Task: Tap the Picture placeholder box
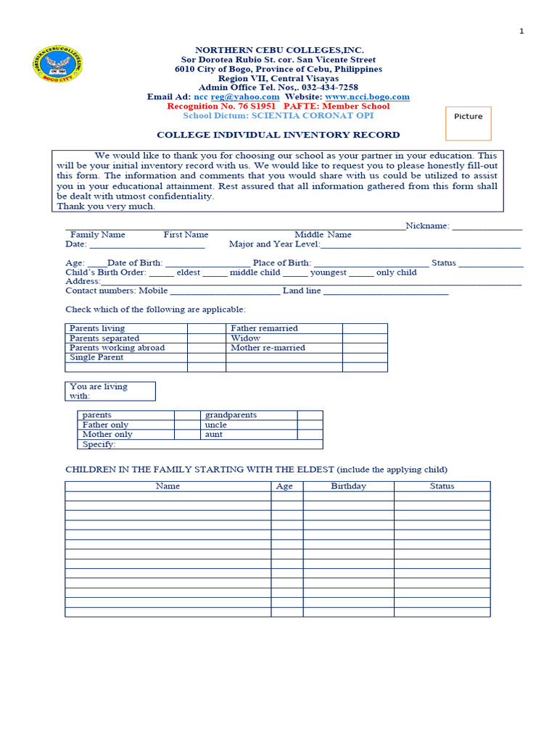[468, 123]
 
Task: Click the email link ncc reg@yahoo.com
[236, 96]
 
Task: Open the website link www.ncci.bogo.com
[367, 96]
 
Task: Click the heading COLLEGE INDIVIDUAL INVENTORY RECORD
[278, 135]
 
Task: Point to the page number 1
[521, 31]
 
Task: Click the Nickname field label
[427, 226]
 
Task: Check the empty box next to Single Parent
[207, 357]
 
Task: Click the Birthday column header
[348, 486]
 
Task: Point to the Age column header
[285, 486]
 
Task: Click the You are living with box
[110, 391]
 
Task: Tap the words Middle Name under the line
[323, 235]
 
